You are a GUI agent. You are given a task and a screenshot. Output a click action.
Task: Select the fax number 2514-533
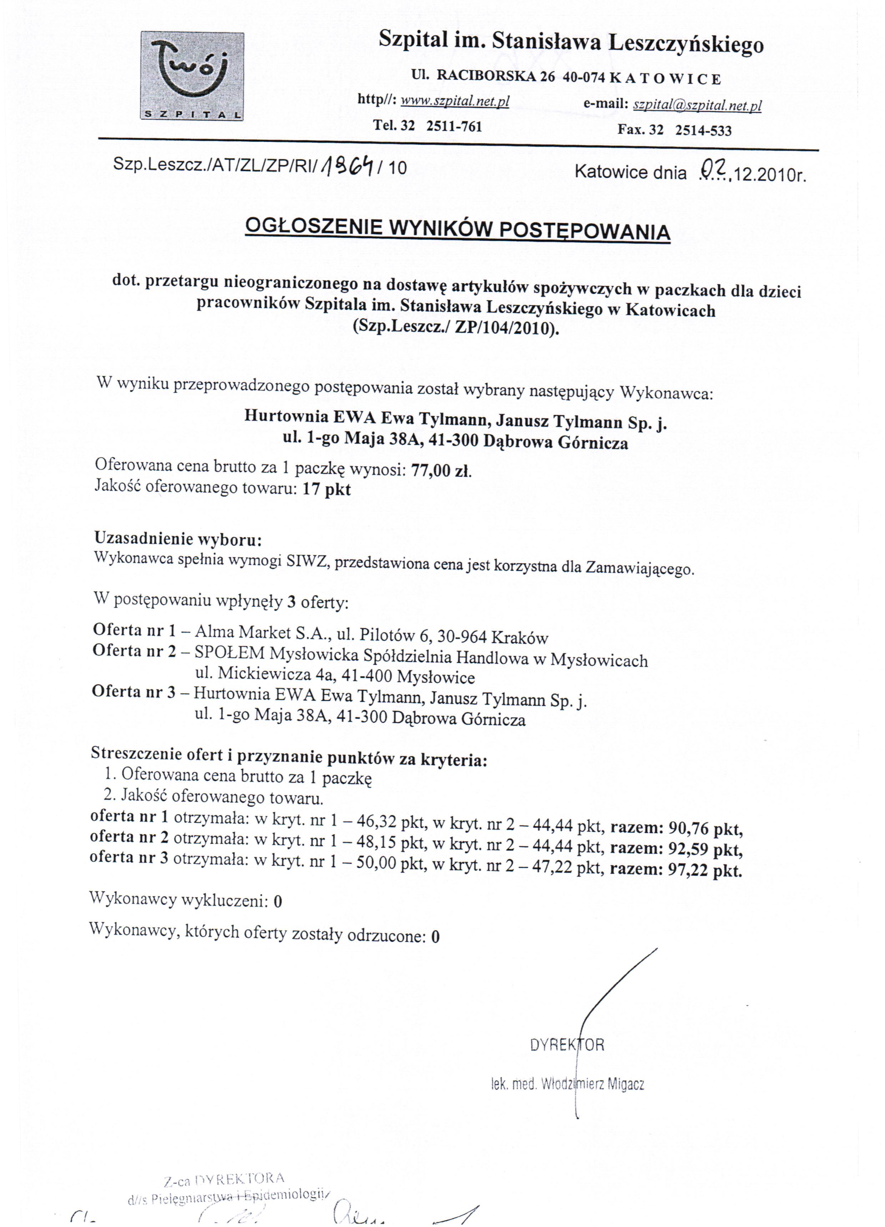tap(703, 130)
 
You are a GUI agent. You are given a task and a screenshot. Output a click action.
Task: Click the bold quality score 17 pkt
tap(326, 489)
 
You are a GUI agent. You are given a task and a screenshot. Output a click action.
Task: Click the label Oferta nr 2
tap(135, 650)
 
